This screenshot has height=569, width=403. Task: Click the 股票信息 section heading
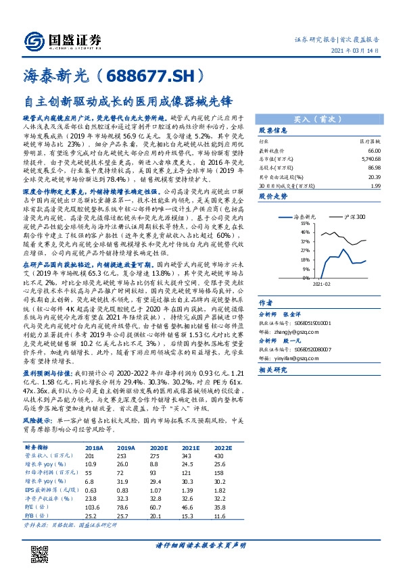point(273,130)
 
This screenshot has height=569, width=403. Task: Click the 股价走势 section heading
point(273,196)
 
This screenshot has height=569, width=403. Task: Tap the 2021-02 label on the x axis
point(321,284)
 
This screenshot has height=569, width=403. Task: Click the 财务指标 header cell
point(36,447)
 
